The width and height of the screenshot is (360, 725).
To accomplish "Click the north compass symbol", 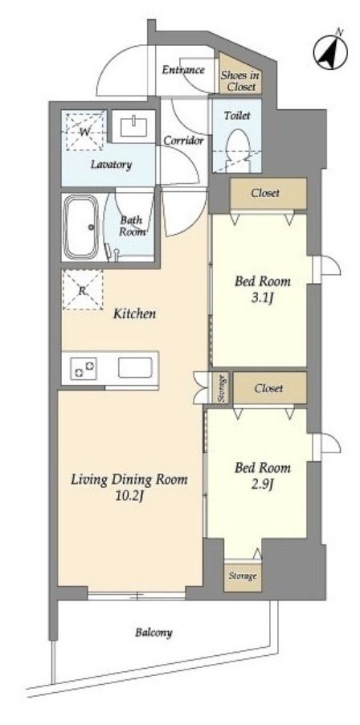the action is coord(330,51).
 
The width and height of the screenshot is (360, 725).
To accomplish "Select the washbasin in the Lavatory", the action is coord(134,127).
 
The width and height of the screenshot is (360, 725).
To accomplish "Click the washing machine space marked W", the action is coord(84,131).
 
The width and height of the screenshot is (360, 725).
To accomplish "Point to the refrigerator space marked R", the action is coord(82,290).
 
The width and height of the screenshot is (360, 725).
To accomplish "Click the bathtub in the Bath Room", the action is coord(81,227).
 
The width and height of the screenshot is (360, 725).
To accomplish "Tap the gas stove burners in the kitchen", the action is coord(84,368).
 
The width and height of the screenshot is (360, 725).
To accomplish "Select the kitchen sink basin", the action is coord(135,368).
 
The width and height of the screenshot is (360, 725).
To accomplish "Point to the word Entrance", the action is coord(183,70).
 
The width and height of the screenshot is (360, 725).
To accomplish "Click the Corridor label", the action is coord(183,141).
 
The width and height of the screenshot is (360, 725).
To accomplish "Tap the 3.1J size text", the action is coord(263,297).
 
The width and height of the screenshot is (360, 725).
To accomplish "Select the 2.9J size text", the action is coord(263,484).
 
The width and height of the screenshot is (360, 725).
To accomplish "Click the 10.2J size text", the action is coord(129,497).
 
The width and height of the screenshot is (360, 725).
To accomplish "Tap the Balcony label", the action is coord(154,632).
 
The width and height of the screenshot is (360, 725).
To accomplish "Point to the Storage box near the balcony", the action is coord(243,576).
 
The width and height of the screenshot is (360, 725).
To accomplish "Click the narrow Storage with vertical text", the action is coord(221,387).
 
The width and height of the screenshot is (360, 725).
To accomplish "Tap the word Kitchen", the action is coord(135,314).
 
